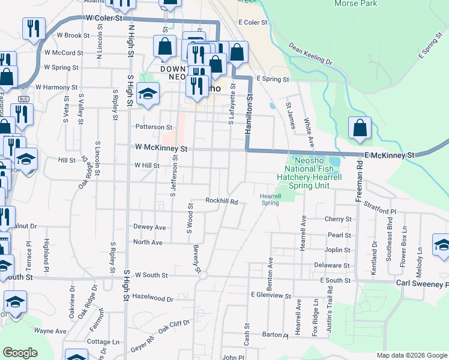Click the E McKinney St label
click(x=390, y=155)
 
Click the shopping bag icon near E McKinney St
click(x=360, y=128)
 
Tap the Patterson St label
click(x=153, y=127)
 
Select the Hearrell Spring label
click(x=270, y=199)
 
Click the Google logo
click(x=20, y=353)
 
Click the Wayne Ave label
click(x=50, y=331)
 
